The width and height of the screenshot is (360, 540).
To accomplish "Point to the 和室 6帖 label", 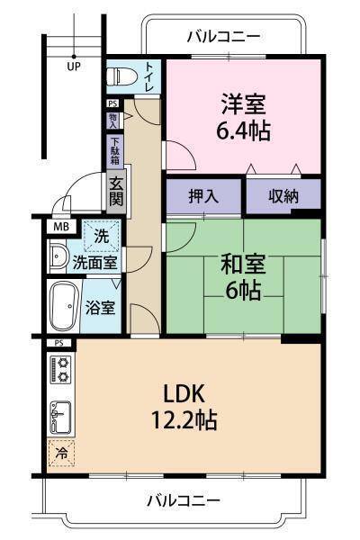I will coord(244,277).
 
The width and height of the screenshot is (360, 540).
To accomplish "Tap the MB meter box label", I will coord(59,226).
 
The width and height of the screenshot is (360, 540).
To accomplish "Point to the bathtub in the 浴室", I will coord(63,307).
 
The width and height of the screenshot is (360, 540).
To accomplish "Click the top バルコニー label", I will coord(223,37).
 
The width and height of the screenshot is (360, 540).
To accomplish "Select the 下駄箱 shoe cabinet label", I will coord(115,149).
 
